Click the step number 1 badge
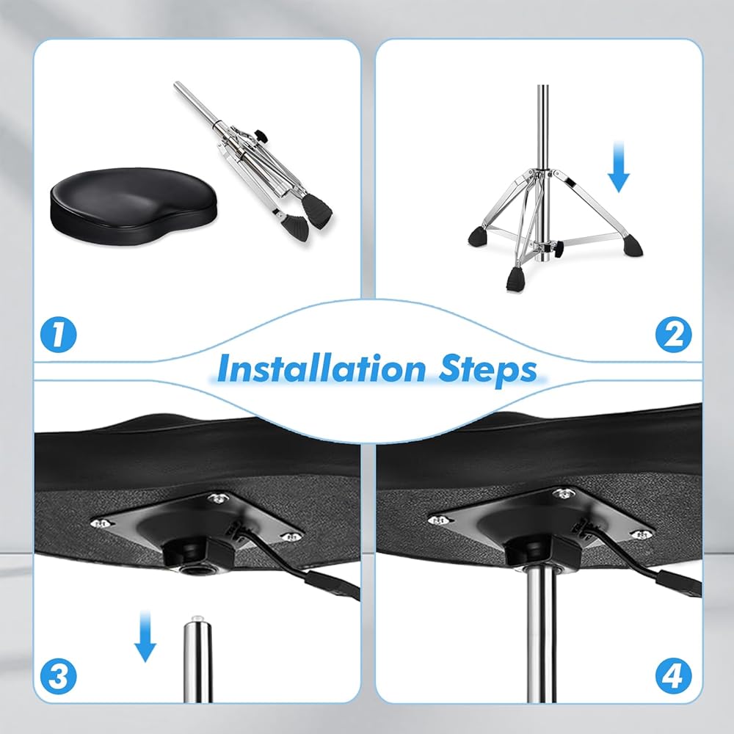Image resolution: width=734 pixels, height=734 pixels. (58, 334)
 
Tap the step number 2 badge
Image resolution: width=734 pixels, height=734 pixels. (673, 334)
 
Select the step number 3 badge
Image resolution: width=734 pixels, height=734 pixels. (58, 676)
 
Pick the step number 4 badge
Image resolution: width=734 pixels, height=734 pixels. (673, 676)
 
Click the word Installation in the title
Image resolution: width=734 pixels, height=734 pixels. (321, 369)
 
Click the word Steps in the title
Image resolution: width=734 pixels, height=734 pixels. (488, 370)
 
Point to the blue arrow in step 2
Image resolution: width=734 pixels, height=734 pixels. (618, 167)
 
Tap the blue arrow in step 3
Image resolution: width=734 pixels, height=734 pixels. (145, 636)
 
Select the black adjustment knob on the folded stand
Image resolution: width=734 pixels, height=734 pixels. (261, 137)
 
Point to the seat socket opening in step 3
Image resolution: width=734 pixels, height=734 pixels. (193, 571)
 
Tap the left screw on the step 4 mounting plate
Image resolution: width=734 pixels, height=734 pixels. (436, 519)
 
